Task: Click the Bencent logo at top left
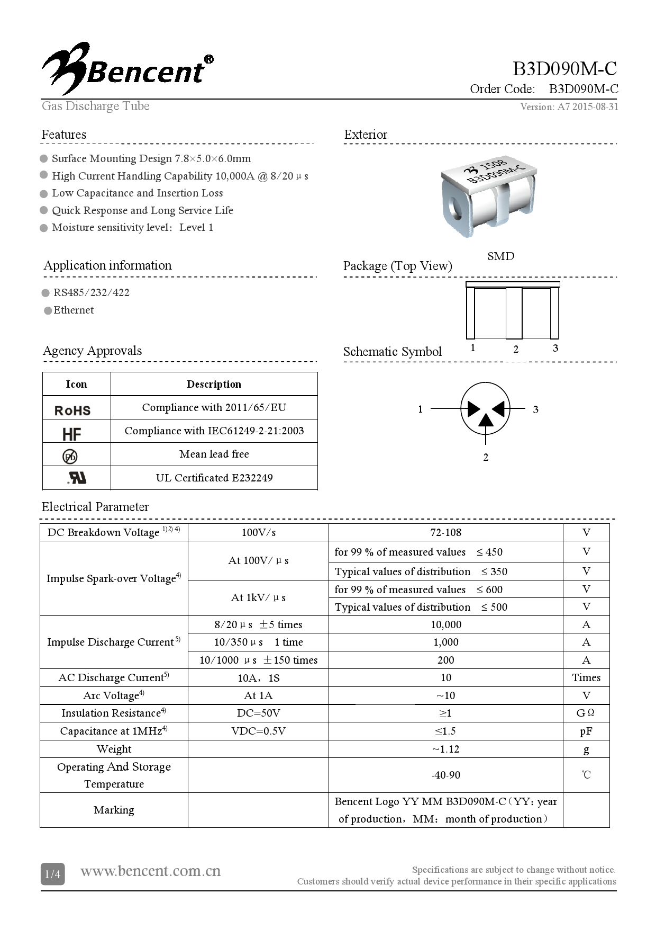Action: pos(127,69)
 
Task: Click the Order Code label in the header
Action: pos(502,89)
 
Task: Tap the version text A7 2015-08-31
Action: pos(569,107)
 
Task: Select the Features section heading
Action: pos(64,135)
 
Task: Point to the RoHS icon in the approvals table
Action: pos(72,410)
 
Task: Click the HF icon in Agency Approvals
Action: pos(71,434)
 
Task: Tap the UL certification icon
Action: pos(77,478)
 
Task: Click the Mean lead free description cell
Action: pos(214,454)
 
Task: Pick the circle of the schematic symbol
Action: pos(485,409)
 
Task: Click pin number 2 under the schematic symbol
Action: pos(486,457)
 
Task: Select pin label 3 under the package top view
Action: pos(555,348)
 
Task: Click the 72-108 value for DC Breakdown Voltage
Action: pos(445,532)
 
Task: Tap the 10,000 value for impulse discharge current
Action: pos(445,624)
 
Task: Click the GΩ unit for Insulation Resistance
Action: pos(586,713)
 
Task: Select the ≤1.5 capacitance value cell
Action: pos(445,731)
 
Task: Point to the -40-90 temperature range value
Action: pos(445,775)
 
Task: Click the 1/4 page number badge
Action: pos(52,874)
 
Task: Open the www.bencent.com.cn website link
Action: pos(150,871)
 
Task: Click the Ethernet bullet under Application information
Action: pos(73,310)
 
